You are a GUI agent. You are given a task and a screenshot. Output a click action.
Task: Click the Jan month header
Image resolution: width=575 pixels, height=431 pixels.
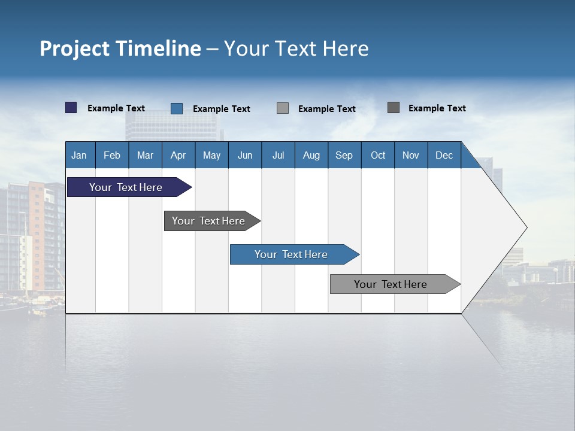(x=79, y=155)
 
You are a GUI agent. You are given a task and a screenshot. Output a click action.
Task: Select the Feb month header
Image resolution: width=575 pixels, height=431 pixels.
(x=112, y=155)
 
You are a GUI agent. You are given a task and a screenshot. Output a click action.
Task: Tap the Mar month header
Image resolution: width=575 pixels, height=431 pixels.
(x=145, y=155)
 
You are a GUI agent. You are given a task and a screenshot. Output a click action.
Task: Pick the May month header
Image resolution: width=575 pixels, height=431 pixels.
(x=211, y=155)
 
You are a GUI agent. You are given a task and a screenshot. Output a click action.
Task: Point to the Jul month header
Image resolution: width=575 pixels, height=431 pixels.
(x=278, y=155)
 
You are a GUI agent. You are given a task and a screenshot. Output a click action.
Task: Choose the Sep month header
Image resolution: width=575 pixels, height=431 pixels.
(x=344, y=155)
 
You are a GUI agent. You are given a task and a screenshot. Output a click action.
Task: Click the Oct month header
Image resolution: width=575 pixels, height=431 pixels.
(x=378, y=155)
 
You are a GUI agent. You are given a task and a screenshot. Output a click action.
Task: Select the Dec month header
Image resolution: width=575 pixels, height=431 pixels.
(x=444, y=155)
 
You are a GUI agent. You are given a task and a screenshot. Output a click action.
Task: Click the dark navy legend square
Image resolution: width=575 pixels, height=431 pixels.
(x=71, y=108)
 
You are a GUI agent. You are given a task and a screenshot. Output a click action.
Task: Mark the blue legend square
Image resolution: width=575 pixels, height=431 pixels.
(x=177, y=108)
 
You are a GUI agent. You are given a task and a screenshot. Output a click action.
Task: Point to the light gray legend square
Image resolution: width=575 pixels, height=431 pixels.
(x=283, y=108)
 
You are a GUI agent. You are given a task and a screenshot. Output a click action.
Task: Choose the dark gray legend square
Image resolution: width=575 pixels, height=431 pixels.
(x=394, y=108)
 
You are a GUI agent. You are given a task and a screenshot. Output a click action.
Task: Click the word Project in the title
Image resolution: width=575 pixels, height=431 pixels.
(x=75, y=48)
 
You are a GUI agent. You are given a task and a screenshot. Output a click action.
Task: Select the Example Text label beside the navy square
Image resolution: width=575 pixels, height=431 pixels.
(x=116, y=108)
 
